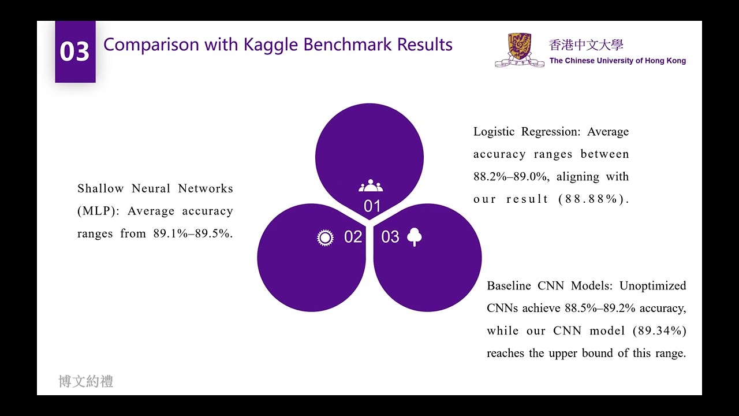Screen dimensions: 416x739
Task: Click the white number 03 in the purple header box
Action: [x=74, y=52]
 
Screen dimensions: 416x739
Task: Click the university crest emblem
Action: [x=520, y=50]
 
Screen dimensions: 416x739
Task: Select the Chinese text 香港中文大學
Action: [x=586, y=45]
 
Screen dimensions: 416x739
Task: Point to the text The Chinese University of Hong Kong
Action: [x=617, y=61]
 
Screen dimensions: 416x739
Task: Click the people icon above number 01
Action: [x=371, y=186]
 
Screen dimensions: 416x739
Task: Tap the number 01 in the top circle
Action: [x=372, y=206]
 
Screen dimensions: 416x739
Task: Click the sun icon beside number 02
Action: [x=326, y=237]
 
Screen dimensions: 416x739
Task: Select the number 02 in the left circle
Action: [x=353, y=237]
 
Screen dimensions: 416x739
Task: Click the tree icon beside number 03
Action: [x=414, y=237]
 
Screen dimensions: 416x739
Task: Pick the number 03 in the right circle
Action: [x=390, y=237]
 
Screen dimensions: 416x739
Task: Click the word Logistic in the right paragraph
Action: [x=494, y=132]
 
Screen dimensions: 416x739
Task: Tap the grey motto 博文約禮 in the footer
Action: [x=86, y=381]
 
